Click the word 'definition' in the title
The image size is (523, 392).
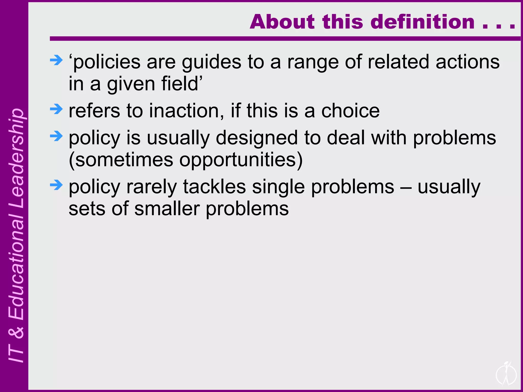[x=422, y=22]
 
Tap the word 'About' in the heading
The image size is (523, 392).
[x=282, y=22]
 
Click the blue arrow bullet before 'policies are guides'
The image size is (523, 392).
[x=56, y=60]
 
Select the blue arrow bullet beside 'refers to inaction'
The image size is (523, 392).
[x=56, y=109]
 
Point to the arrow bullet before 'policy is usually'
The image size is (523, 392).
[x=56, y=136]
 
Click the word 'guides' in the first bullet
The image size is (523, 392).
[x=211, y=63]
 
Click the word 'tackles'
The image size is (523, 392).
[x=215, y=187]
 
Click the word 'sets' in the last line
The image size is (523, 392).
[x=87, y=209]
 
